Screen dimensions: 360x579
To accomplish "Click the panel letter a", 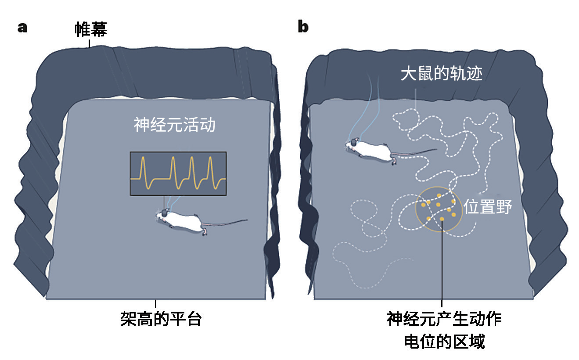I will pyautogui.click(x=22, y=27).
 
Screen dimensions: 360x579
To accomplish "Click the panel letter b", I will pyautogui.click(x=303, y=27).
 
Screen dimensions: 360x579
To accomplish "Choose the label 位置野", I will pyautogui.click(x=488, y=206).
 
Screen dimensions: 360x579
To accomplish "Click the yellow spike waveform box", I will pyautogui.click(x=178, y=173).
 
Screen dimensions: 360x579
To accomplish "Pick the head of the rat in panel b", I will pyautogui.click(x=354, y=144).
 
